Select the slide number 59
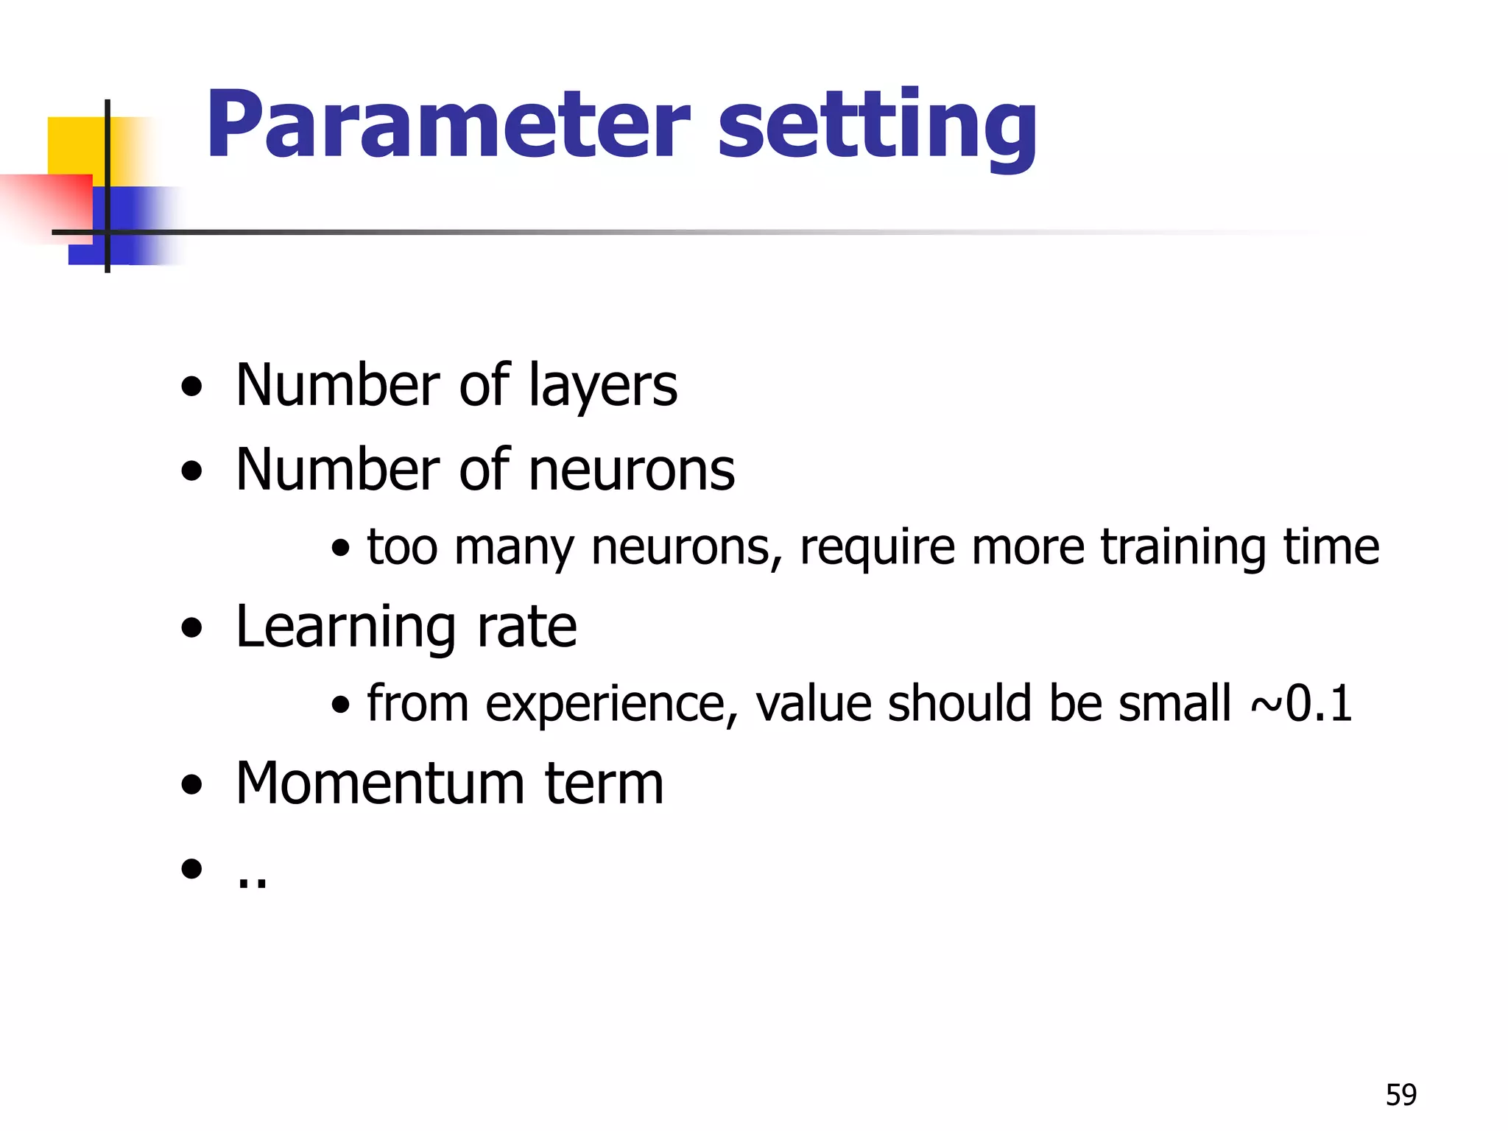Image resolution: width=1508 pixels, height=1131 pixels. [1400, 1095]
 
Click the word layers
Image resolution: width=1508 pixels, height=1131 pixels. [603, 387]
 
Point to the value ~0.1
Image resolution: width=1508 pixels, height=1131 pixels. [1302, 703]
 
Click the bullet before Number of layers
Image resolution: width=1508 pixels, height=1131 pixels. [191, 387]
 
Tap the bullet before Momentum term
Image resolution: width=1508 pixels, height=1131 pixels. [191, 785]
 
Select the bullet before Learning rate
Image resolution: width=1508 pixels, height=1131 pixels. [191, 628]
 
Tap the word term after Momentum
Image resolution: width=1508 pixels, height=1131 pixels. [604, 783]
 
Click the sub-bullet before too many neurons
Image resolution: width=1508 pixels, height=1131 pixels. [340, 549]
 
